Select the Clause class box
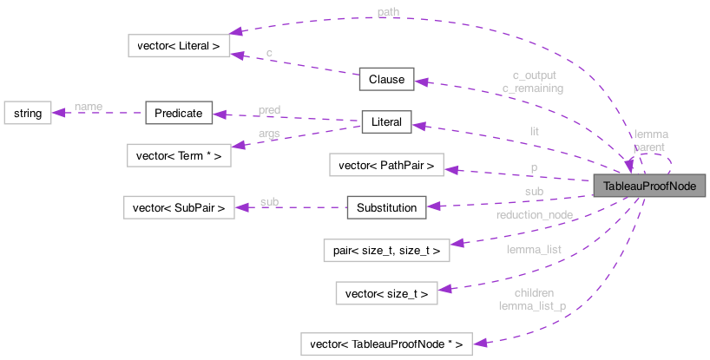pyautogui.click(x=386, y=79)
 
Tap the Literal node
pyautogui.click(x=386, y=122)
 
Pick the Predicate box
pyautogui.click(x=179, y=113)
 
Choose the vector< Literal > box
pyautogui.click(x=179, y=45)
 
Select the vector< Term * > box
pyautogui.click(x=179, y=156)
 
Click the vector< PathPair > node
pyautogui.click(x=386, y=165)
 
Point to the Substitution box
pyautogui.click(x=386, y=207)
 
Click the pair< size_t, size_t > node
pyautogui.click(x=386, y=251)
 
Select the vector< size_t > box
pyautogui.click(x=386, y=293)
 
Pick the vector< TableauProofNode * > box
pyautogui.click(x=386, y=344)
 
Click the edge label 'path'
pyautogui.click(x=388, y=11)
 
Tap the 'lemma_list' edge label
pyautogui.click(x=535, y=250)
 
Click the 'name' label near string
pyautogui.click(x=88, y=106)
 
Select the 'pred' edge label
pyautogui.click(x=269, y=109)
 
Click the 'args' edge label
pyautogui.click(x=269, y=133)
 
